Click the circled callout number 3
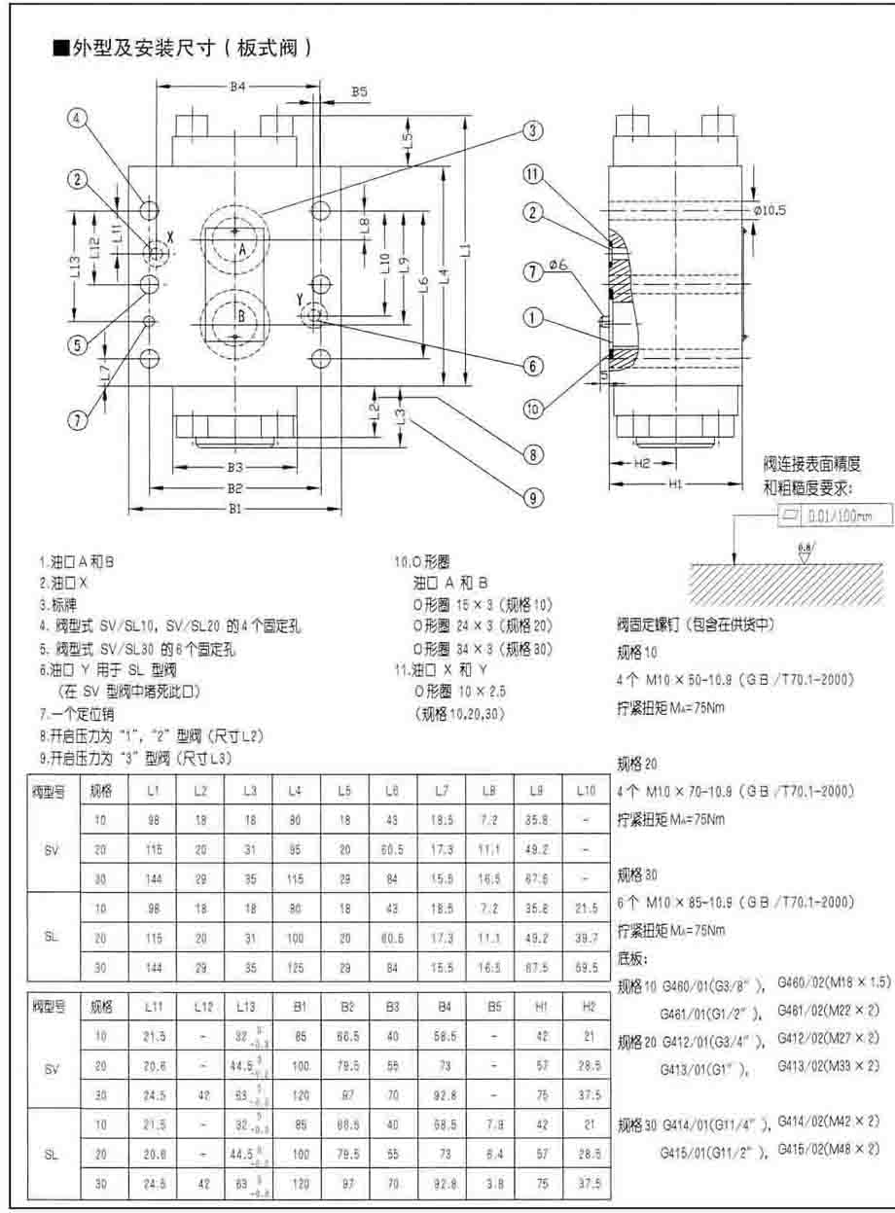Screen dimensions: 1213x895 coord(533,130)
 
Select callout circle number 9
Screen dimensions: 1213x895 coord(533,497)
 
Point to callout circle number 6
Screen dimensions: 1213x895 coord(533,366)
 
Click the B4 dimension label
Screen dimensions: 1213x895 coord(237,88)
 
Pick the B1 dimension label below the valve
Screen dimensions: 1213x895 coord(234,506)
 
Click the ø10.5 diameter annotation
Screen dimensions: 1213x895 coord(770,210)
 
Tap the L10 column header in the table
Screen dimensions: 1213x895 coord(585,791)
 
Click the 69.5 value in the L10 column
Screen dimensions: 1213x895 coord(585,969)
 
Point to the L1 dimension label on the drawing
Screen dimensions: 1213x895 coord(466,249)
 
